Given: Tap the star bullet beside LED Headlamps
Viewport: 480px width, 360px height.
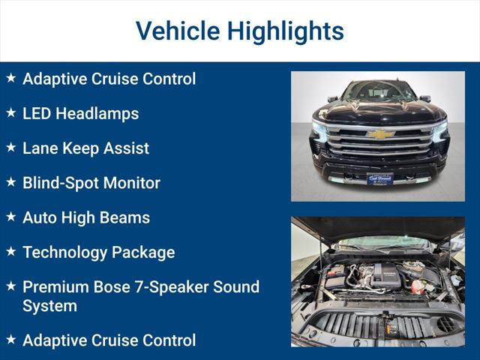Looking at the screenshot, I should click(x=10, y=113).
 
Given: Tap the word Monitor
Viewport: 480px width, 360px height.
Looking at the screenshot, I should click(x=134, y=182).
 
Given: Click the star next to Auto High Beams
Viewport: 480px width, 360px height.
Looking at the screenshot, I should click(x=10, y=217).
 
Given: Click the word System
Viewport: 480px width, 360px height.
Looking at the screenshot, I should click(x=49, y=306).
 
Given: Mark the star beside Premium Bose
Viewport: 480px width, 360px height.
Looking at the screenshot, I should click(x=10, y=286).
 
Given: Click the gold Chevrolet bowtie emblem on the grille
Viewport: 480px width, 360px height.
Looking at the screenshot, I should click(x=380, y=134).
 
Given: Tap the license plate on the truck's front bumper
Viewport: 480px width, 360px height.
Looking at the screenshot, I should click(x=379, y=178).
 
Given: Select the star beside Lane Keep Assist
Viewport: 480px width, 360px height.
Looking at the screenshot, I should click(x=10, y=148).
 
